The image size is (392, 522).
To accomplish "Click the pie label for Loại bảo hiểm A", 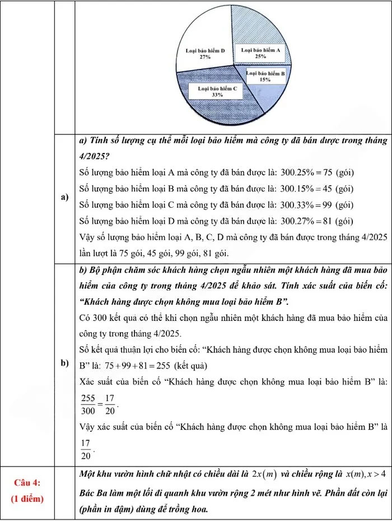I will click(x=261, y=53).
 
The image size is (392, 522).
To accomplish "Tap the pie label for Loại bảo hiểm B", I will click(x=265, y=77).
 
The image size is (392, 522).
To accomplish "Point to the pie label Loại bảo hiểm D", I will click(x=205, y=53).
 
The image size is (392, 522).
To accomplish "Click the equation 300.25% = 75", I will click(x=307, y=172).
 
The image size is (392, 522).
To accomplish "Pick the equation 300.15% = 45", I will click(x=307, y=188).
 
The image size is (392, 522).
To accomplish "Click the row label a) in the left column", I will click(x=65, y=197).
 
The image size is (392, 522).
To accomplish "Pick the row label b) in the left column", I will click(x=65, y=363).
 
